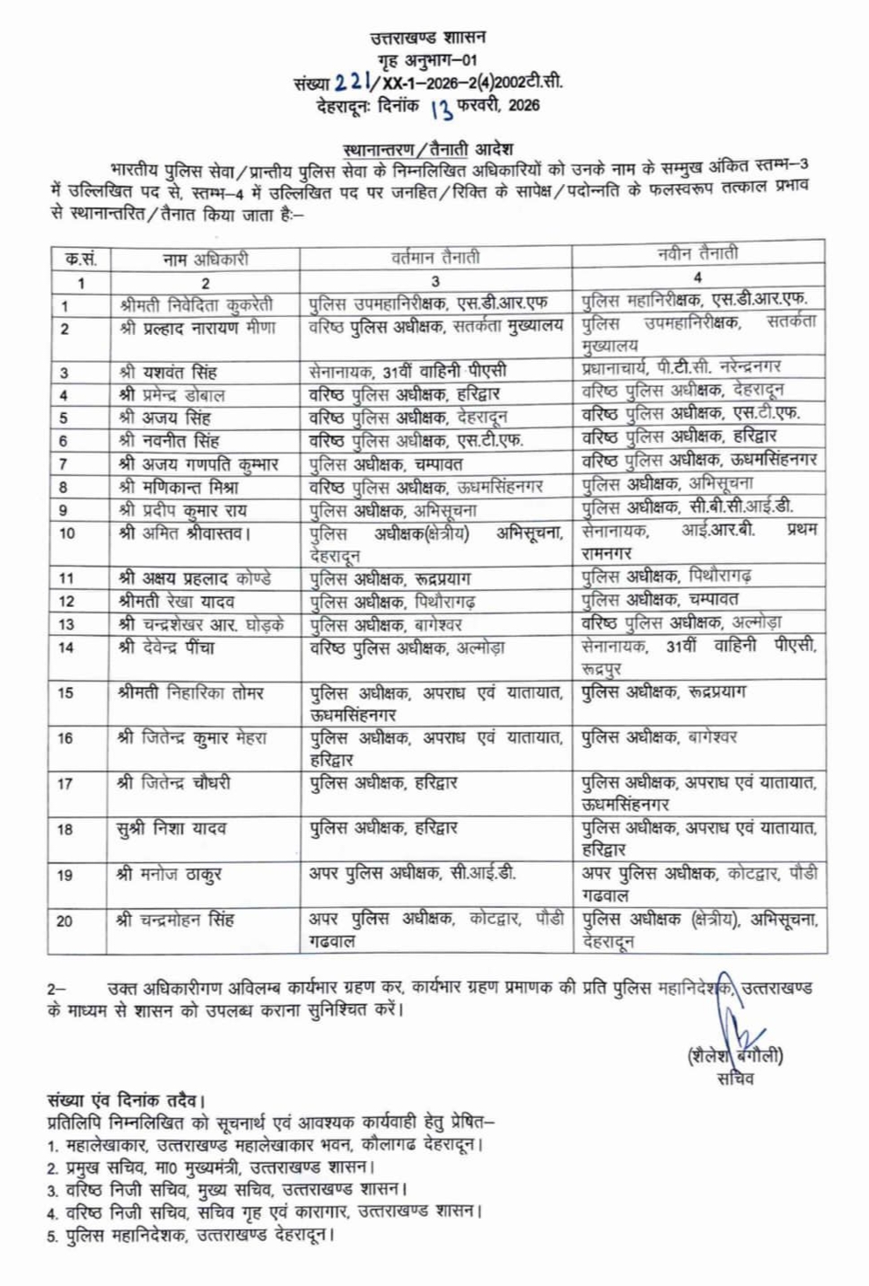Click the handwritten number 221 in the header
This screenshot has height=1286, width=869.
click(x=352, y=83)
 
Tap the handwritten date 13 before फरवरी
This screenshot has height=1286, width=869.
click(x=441, y=109)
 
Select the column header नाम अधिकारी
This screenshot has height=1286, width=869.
click(x=205, y=260)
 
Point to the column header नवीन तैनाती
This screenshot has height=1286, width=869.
click(x=698, y=254)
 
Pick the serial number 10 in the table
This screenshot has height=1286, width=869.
click(x=66, y=533)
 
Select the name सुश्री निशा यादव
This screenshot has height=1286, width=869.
click(x=171, y=828)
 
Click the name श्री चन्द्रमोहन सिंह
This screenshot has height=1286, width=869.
click(x=175, y=920)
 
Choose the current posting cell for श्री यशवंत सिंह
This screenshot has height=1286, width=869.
click(x=408, y=371)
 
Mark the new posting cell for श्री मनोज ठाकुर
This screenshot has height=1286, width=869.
click(x=698, y=884)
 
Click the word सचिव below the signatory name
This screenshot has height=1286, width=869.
click(x=735, y=1079)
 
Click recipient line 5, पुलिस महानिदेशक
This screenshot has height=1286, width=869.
click(x=191, y=1235)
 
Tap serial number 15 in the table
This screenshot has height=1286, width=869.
click(x=66, y=693)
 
